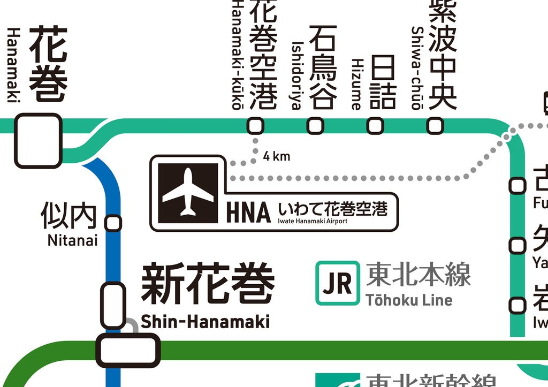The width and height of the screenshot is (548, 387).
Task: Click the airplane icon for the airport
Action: (188, 193)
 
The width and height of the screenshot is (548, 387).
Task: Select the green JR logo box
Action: (337, 283)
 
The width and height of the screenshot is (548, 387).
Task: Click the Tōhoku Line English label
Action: (409, 300)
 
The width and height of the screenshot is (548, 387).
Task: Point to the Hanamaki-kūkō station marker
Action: (255, 126)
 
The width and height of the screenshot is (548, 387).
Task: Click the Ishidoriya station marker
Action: (315, 126)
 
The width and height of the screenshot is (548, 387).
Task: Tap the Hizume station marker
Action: (375, 126)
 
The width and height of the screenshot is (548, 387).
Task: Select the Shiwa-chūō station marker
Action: (435, 126)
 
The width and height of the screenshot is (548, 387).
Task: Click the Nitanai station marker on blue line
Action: (113, 223)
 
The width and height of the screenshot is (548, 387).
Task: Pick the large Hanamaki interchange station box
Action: (38, 140)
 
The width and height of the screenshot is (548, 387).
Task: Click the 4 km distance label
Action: (277, 156)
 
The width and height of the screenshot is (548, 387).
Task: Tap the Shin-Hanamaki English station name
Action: (205, 322)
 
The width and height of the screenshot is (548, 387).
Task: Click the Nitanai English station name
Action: (73, 240)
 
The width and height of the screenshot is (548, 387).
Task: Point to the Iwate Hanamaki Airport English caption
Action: (313, 221)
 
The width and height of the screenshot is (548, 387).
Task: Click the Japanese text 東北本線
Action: (418, 275)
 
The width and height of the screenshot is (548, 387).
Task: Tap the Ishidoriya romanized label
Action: (297, 75)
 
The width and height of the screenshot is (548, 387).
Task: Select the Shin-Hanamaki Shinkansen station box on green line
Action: (128, 350)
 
